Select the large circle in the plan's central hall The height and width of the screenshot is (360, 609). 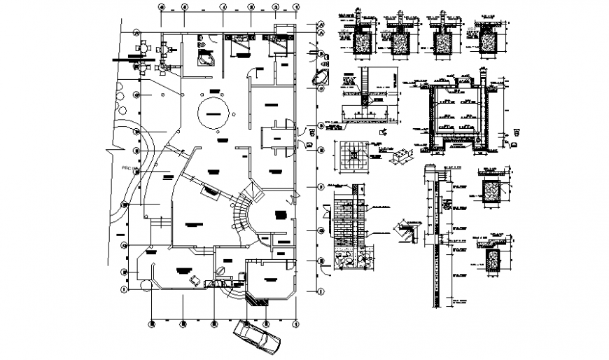click(216, 112)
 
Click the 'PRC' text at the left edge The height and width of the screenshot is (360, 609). click(127, 168)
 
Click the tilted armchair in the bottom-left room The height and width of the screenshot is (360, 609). click(194, 281)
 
